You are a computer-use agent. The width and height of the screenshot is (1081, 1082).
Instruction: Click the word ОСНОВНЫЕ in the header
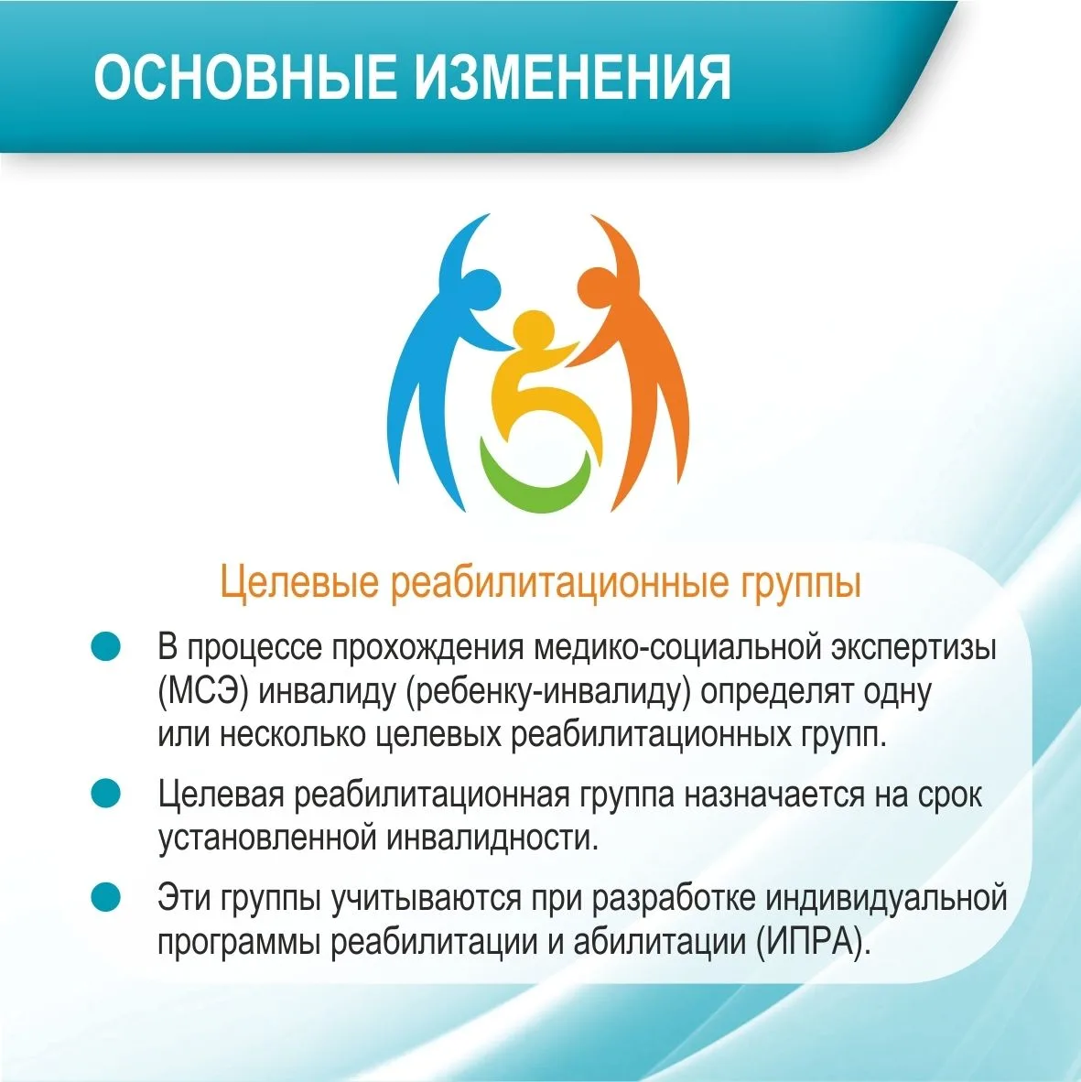pos(245,76)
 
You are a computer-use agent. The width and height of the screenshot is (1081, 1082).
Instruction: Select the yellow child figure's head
pos(534,332)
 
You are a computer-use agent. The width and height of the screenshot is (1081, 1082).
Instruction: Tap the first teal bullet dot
pos(105,646)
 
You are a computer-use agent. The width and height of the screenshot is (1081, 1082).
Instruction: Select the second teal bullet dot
pos(105,793)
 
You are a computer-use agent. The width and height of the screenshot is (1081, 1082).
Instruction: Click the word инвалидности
pos(492,838)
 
